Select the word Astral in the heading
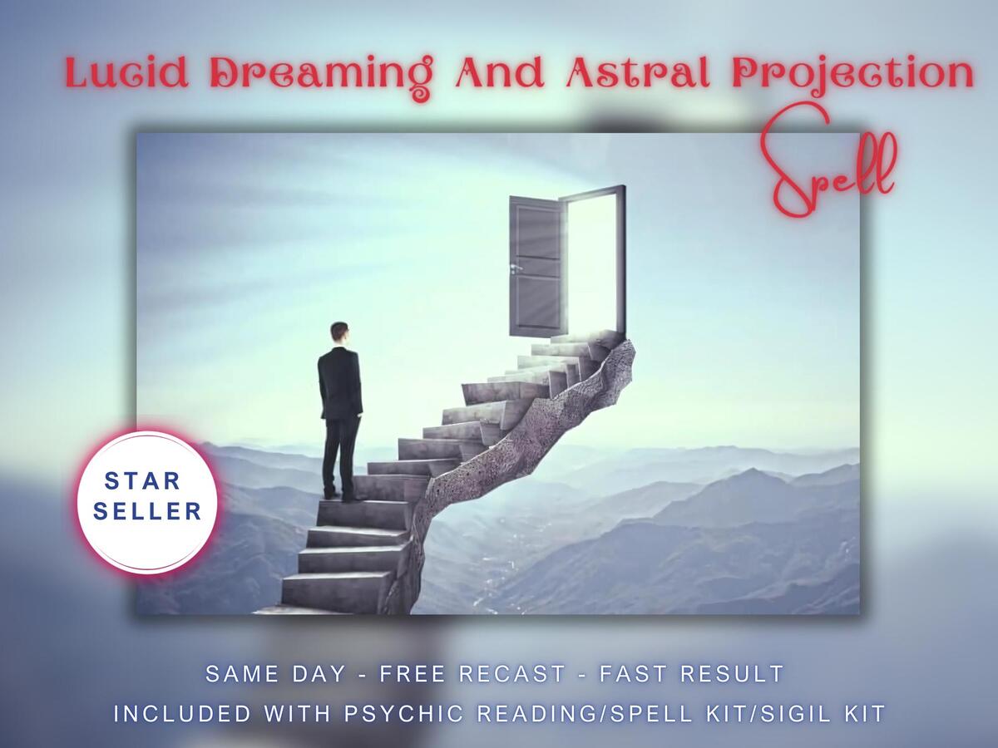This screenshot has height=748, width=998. click(638, 72)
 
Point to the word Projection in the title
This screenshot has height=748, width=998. click(852, 75)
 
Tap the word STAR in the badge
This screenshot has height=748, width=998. click(142, 481)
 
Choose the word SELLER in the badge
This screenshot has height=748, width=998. click(147, 512)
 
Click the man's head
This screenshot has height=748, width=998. click(339, 332)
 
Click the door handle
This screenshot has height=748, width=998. click(516, 268)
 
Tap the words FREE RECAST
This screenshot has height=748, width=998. click(473, 673)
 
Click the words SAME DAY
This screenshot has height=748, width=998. click(276, 673)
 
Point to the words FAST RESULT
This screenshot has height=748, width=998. click(692, 673)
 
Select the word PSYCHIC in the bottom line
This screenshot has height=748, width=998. click(403, 713)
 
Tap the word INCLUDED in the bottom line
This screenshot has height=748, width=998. click(182, 713)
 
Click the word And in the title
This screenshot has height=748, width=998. click(499, 72)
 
